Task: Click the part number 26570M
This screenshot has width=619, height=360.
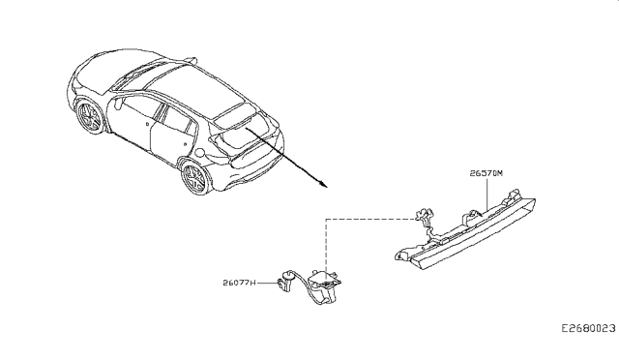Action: click(x=486, y=174)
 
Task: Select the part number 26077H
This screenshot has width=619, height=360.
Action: click(x=238, y=284)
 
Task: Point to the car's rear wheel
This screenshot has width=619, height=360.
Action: click(x=195, y=179)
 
